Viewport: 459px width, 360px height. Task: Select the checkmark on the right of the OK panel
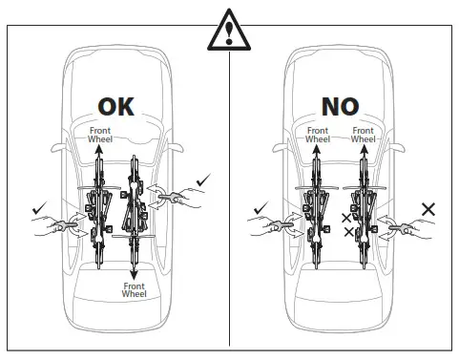(x=202, y=178)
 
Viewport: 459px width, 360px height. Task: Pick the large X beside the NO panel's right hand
(x=429, y=207)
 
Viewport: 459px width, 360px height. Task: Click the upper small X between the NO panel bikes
(x=346, y=219)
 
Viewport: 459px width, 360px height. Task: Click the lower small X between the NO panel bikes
(x=346, y=233)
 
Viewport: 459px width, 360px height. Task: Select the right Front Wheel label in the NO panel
(x=363, y=135)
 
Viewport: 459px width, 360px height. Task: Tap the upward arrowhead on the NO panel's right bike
(x=364, y=149)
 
